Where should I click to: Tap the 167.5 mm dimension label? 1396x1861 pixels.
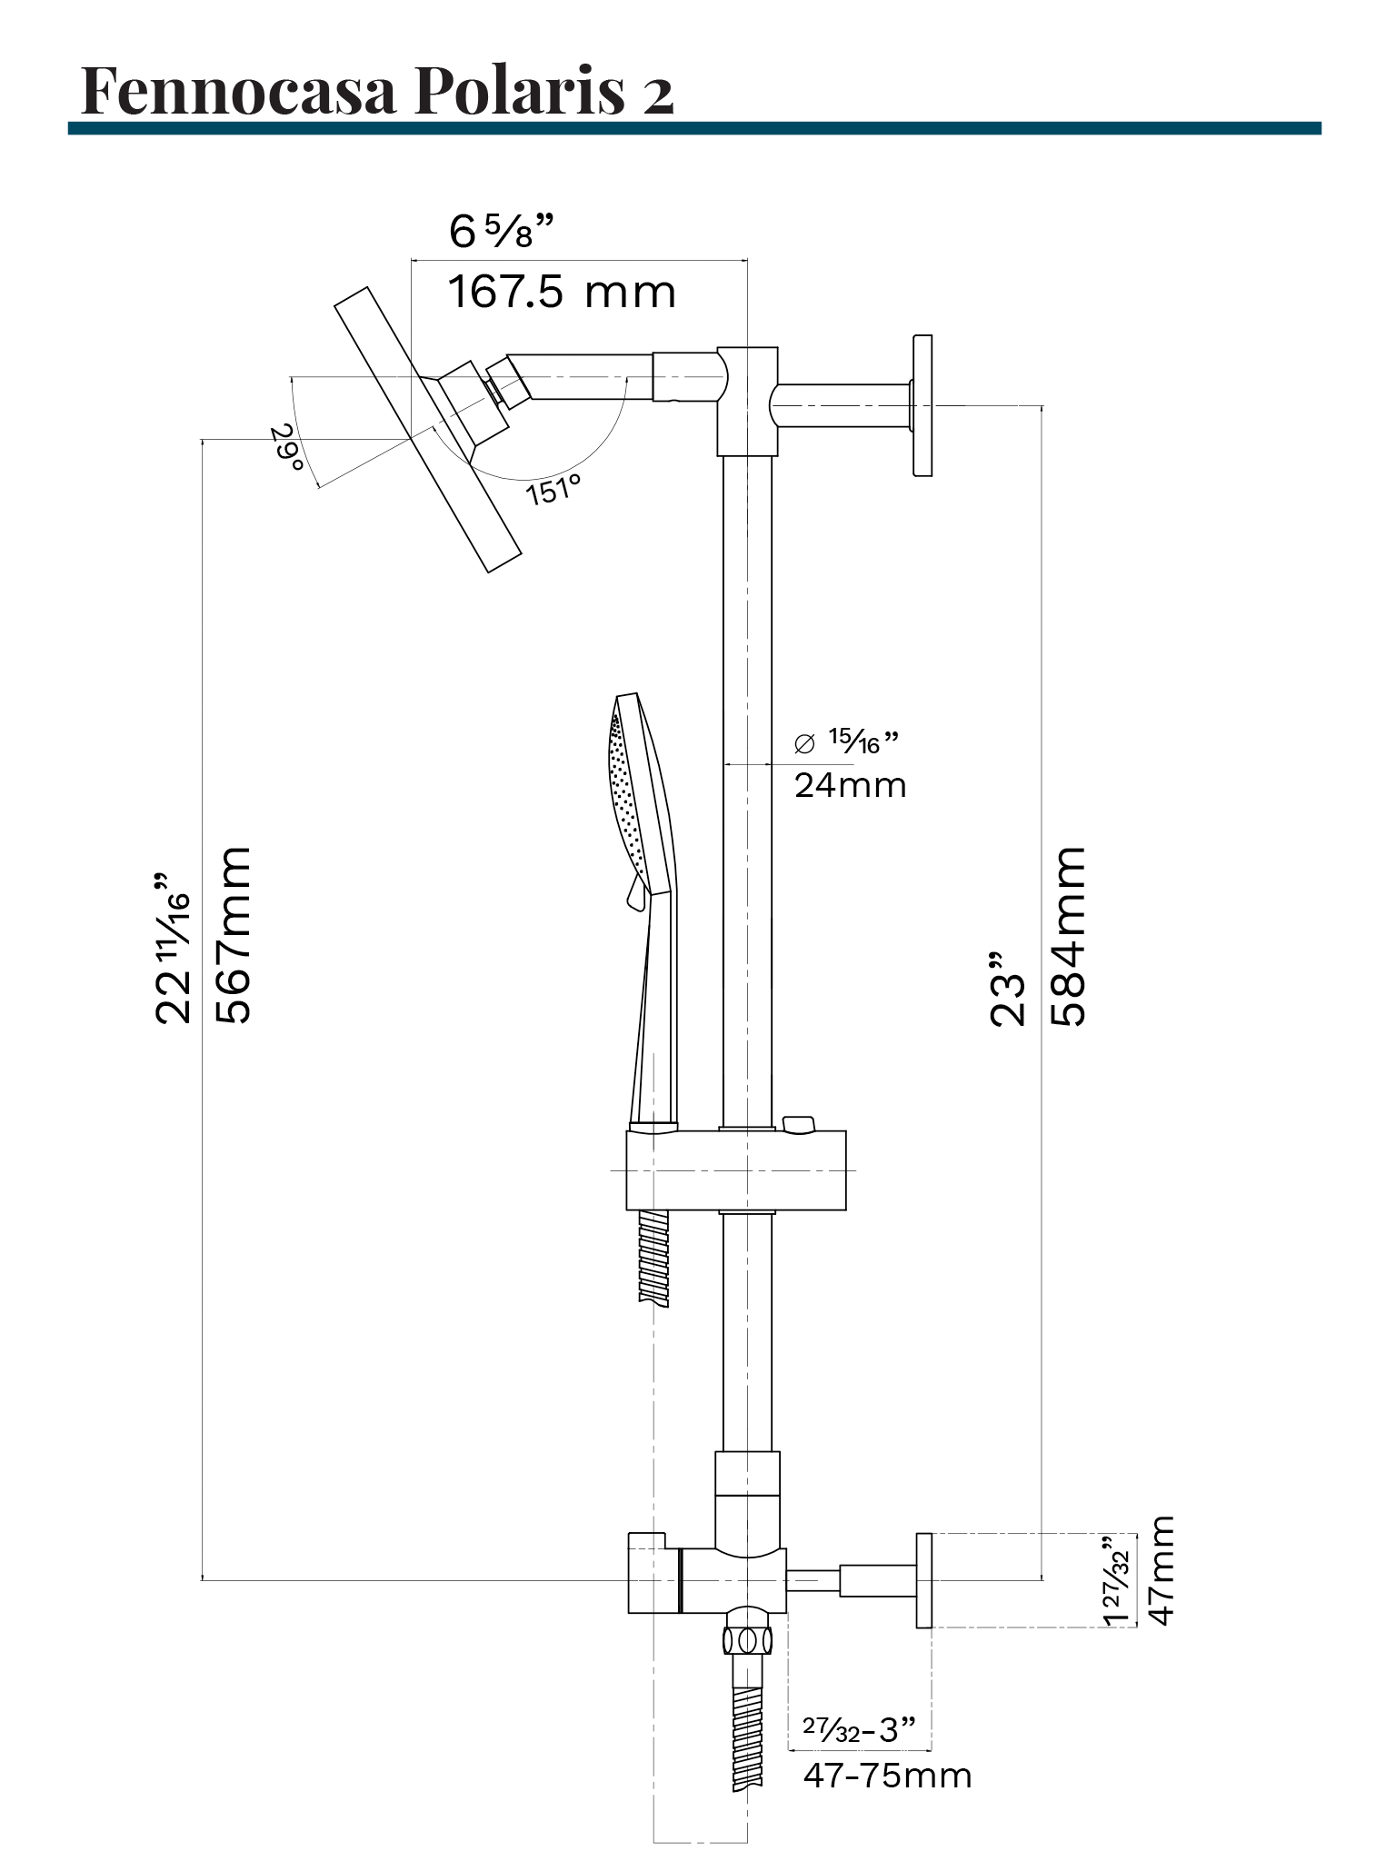[562, 293]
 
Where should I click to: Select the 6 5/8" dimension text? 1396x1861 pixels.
[502, 232]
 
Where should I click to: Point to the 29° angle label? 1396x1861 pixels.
[288, 447]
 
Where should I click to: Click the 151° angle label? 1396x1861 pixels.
[553, 490]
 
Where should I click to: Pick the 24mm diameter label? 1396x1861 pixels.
[850, 785]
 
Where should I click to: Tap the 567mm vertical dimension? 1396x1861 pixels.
[233, 936]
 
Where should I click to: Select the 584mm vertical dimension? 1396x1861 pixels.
[1069, 936]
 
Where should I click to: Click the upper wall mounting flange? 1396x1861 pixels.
[922, 405]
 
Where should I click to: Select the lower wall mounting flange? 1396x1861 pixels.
[923, 1580]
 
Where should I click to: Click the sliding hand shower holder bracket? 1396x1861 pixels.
[736, 1169]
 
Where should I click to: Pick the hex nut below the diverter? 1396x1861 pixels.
[747, 1640]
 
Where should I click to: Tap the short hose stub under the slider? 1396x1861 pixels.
[653, 1258]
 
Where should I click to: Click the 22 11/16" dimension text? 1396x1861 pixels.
[173, 950]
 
